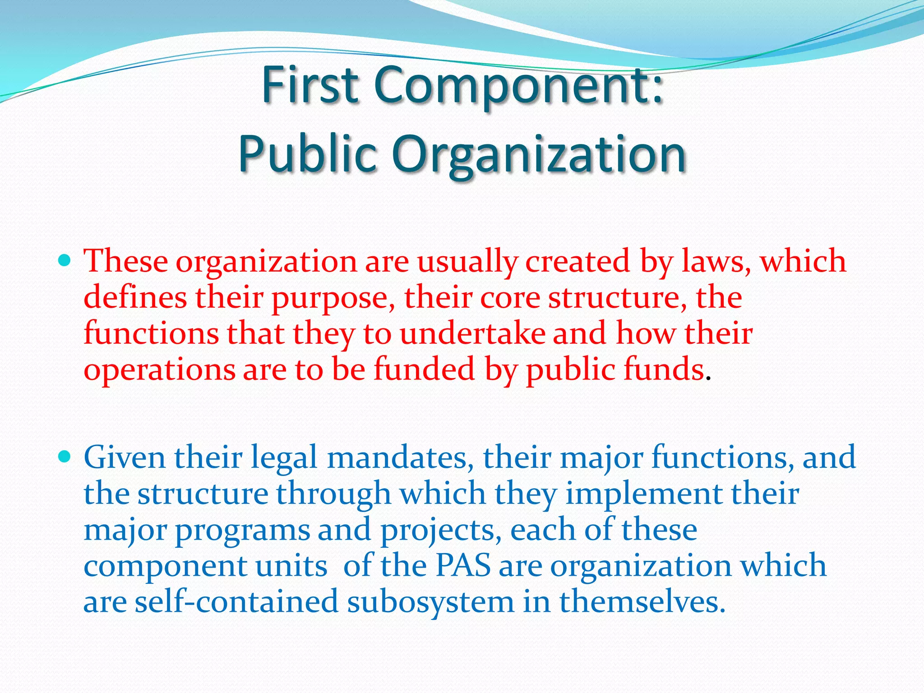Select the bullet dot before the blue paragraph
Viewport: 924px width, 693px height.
(65, 457)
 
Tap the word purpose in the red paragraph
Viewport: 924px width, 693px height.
(333, 298)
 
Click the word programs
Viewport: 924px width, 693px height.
(242, 530)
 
